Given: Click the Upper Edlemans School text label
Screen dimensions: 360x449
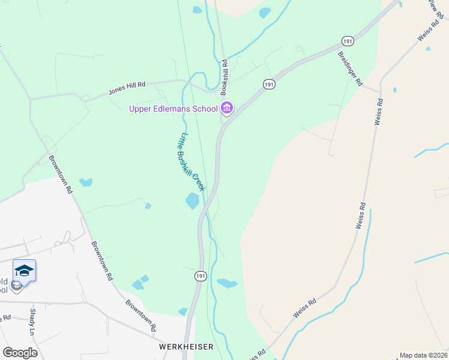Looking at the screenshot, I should click(173, 109).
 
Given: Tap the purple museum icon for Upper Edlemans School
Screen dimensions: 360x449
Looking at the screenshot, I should click(227, 109).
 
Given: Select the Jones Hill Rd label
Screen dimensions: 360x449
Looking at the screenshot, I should click(127, 89).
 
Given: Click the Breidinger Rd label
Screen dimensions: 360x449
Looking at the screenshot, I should click(351, 68).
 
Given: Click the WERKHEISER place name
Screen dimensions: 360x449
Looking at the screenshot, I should click(179, 347).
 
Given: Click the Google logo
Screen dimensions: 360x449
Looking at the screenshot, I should click(20, 353).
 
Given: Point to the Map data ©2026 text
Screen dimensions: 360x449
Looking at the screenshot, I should click(423, 355).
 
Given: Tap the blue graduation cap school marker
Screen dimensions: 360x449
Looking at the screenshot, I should click(24, 271).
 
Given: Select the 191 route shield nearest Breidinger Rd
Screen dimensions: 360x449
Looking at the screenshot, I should click(348, 41).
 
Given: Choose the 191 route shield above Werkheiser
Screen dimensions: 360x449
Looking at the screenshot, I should click(200, 276).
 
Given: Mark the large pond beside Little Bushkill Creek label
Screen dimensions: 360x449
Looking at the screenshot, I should click(192, 201).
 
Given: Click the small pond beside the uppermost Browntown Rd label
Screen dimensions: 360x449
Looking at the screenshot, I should click(86, 182).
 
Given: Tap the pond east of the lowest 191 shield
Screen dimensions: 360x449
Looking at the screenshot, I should click(228, 283).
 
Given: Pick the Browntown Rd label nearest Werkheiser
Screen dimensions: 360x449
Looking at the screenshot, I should click(141, 316).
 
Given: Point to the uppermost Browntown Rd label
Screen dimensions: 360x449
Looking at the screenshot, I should click(61, 175).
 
